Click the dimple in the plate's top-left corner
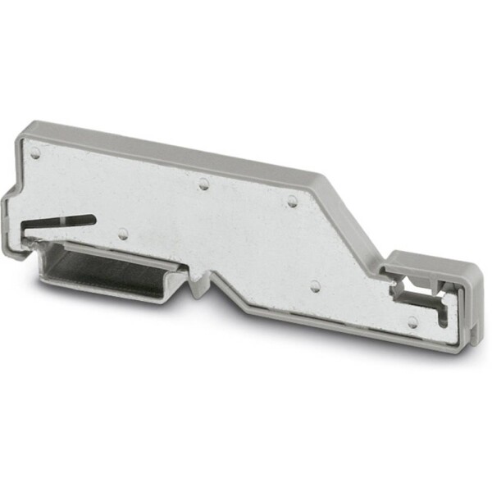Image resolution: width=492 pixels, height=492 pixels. (35, 153)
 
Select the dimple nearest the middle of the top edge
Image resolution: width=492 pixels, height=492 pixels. (203, 183)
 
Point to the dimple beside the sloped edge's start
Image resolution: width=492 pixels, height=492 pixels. (291, 199)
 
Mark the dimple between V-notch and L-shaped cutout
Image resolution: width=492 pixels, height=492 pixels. (314, 286)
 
